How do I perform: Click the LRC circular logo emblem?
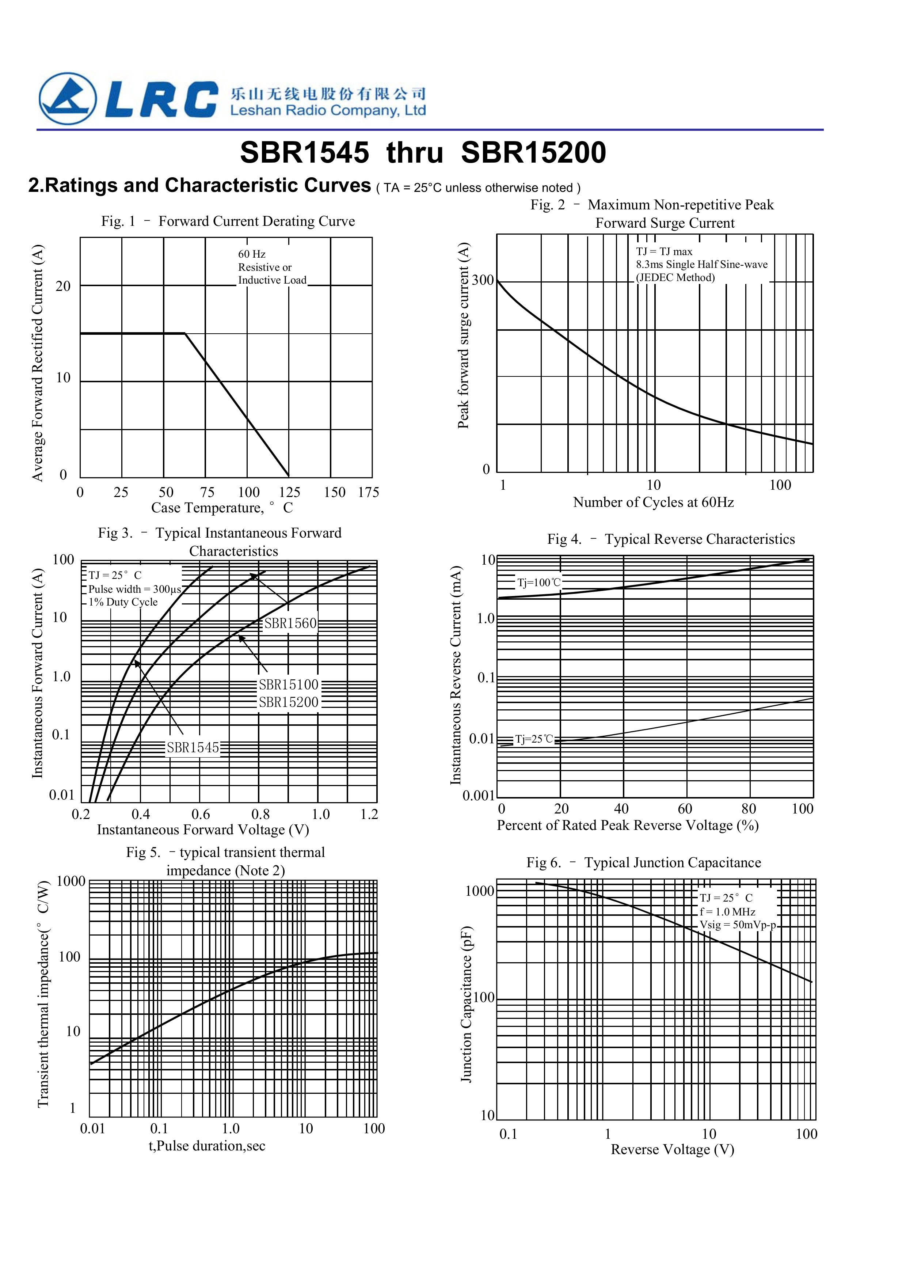point(67,99)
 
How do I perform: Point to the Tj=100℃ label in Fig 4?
point(539,583)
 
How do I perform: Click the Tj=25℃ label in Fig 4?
point(534,739)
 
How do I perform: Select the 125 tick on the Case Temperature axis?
point(289,493)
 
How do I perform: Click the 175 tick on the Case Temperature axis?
point(369,493)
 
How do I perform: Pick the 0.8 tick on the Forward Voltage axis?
point(260,814)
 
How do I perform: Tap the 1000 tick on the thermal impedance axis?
point(71,882)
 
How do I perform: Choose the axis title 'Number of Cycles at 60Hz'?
point(653,502)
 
